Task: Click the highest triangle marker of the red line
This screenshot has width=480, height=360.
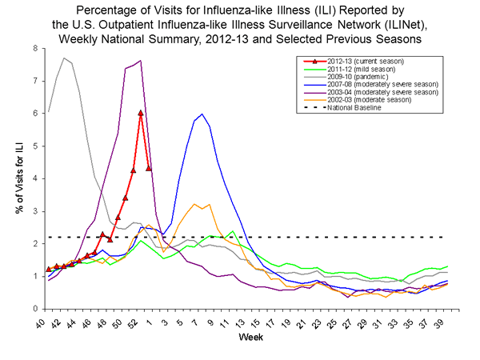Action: click(x=141, y=113)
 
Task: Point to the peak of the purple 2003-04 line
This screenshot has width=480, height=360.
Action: click(x=141, y=61)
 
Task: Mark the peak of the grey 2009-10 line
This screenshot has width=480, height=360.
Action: click(x=64, y=58)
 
